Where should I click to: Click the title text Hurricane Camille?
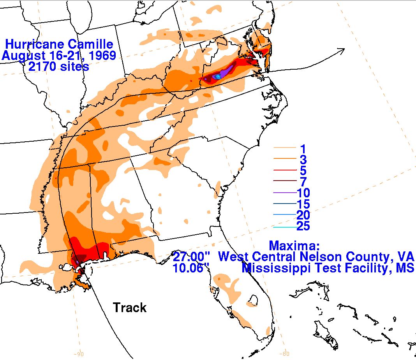point(59,44)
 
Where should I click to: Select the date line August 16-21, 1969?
point(59,55)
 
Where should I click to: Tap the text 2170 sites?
point(59,67)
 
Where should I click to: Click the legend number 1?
point(303,148)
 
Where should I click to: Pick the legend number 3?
point(303,160)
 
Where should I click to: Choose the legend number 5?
point(303,170)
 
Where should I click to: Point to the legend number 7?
point(303,182)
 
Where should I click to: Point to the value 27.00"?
point(192,257)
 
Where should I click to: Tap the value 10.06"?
point(192,268)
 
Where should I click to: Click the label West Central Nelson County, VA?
point(316,257)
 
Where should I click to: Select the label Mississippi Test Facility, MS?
point(328,268)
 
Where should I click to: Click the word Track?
point(130,308)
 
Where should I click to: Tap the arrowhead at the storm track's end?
point(343,49)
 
